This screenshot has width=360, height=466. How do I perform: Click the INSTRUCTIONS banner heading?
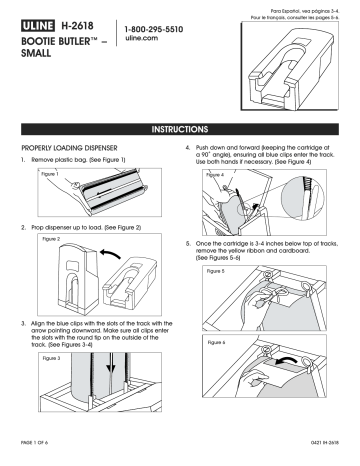tap(179, 129)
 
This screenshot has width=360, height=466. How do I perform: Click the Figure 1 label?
tap(43, 173)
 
